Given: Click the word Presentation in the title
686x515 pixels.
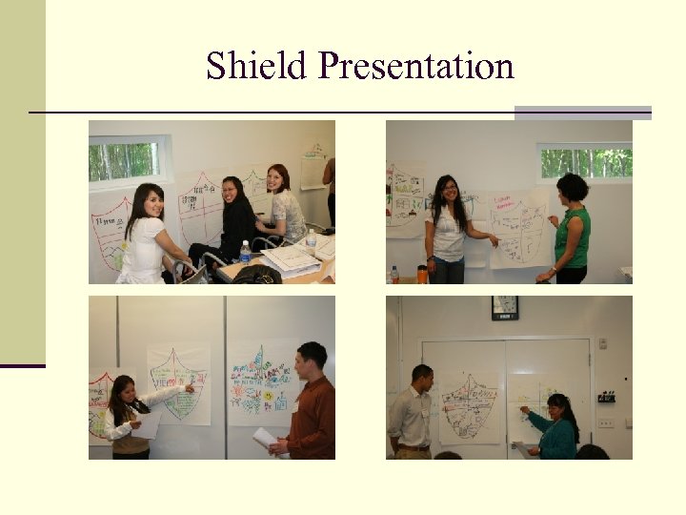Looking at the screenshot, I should [x=416, y=67].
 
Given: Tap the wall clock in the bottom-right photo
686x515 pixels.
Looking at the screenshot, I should [x=505, y=307].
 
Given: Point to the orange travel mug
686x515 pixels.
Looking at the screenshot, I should [x=422, y=275].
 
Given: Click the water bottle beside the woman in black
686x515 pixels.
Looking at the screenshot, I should [x=245, y=253].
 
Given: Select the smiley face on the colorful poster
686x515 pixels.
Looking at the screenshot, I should [x=269, y=395].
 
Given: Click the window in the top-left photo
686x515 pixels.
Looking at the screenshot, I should [x=128, y=159].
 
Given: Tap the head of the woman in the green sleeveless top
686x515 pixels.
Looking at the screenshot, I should [x=572, y=187].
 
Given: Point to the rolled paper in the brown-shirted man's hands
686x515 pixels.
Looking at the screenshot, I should [x=266, y=440].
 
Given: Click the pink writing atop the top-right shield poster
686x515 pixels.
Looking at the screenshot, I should [x=506, y=201].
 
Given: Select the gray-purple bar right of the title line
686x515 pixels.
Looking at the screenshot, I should [x=582, y=113].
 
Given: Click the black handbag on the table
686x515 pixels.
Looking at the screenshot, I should [x=256, y=275].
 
